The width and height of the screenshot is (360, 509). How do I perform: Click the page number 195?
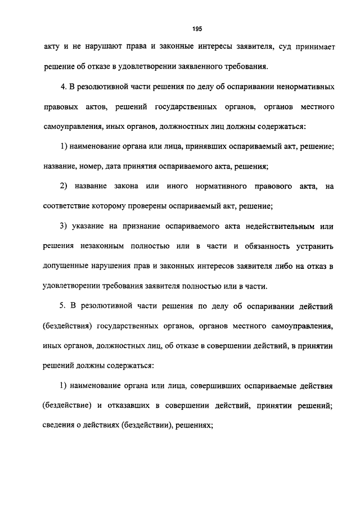point(196,28)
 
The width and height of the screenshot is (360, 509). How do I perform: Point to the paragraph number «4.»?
point(64,88)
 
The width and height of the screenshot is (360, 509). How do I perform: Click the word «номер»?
point(92,166)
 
